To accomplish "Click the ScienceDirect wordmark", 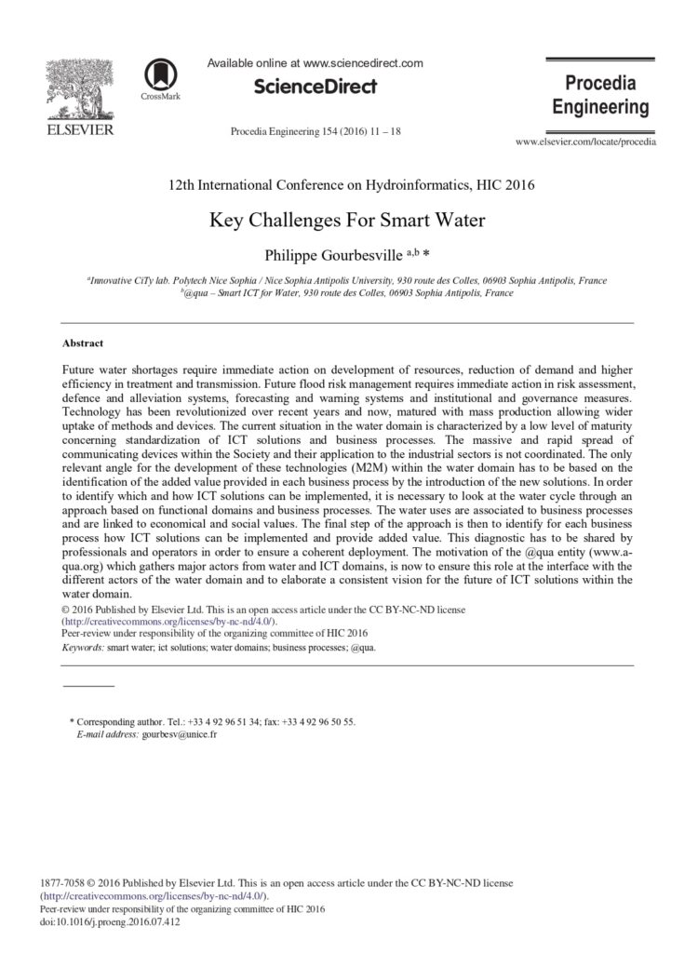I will (315, 87).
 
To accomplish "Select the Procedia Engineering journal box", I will (600, 94).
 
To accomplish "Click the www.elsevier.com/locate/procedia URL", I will (584, 142).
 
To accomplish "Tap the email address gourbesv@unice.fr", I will (180, 734).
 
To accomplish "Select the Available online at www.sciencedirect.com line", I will (315, 63).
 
